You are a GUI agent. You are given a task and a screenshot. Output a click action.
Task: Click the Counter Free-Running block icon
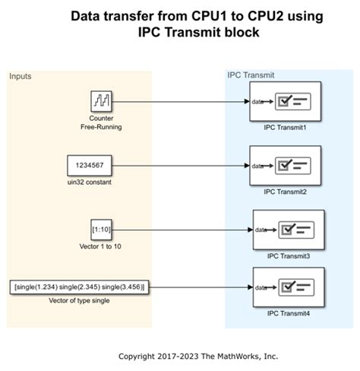click(x=101, y=101)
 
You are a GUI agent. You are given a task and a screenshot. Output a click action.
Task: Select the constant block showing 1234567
click(x=90, y=165)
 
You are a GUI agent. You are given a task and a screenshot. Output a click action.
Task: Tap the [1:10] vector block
click(x=101, y=229)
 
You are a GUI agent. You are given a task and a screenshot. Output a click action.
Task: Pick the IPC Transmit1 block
click(x=285, y=102)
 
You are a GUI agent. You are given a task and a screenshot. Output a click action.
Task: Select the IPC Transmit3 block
click(x=289, y=230)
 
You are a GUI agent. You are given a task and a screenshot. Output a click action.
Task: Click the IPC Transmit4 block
click(x=289, y=287)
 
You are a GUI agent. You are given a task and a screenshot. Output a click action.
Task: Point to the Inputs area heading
click(x=21, y=77)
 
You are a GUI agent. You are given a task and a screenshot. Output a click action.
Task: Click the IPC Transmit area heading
click(x=251, y=75)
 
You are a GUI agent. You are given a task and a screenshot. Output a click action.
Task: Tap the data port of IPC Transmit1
click(x=258, y=102)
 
